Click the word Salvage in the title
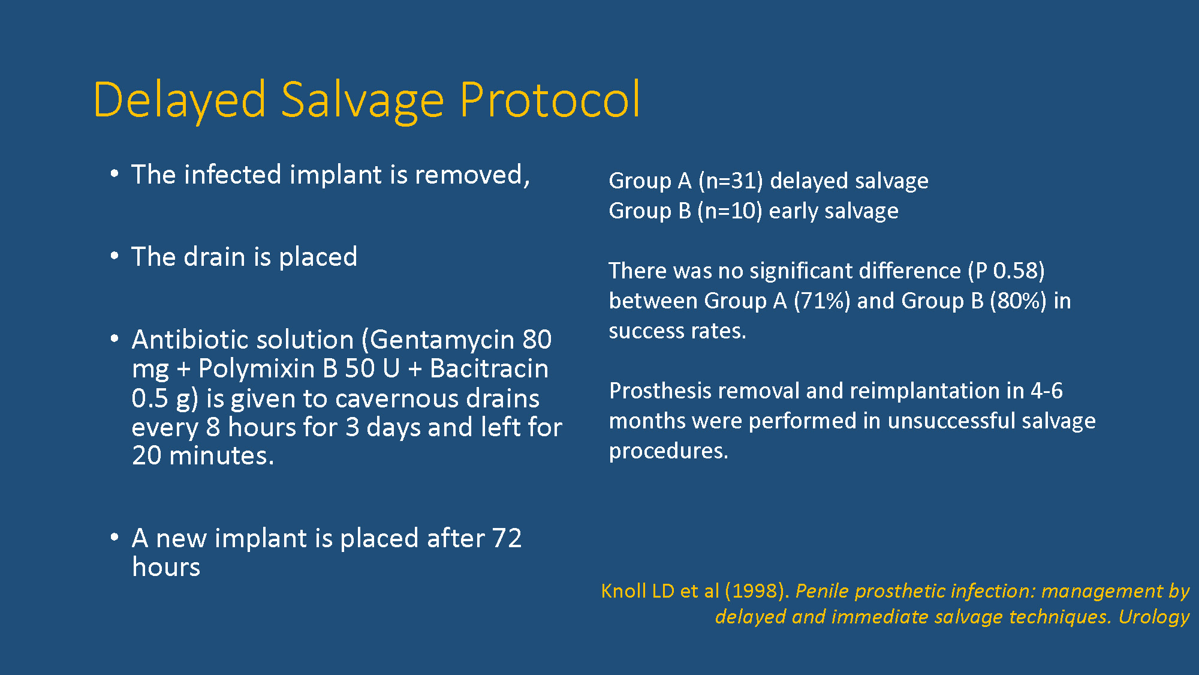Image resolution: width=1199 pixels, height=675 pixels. click(362, 101)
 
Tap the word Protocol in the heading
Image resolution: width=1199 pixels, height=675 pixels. click(550, 99)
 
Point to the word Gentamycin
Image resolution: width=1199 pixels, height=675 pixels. click(442, 340)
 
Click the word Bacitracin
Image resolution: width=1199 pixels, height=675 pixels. click(489, 368)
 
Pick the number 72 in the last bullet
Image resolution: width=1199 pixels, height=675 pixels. click(507, 538)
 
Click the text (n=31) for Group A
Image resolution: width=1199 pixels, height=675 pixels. click(731, 181)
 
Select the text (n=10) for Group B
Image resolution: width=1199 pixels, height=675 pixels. click(730, 211)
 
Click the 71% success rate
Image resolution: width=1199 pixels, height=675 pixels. click(822, 301)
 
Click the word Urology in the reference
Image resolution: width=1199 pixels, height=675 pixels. click(1154, 617)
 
